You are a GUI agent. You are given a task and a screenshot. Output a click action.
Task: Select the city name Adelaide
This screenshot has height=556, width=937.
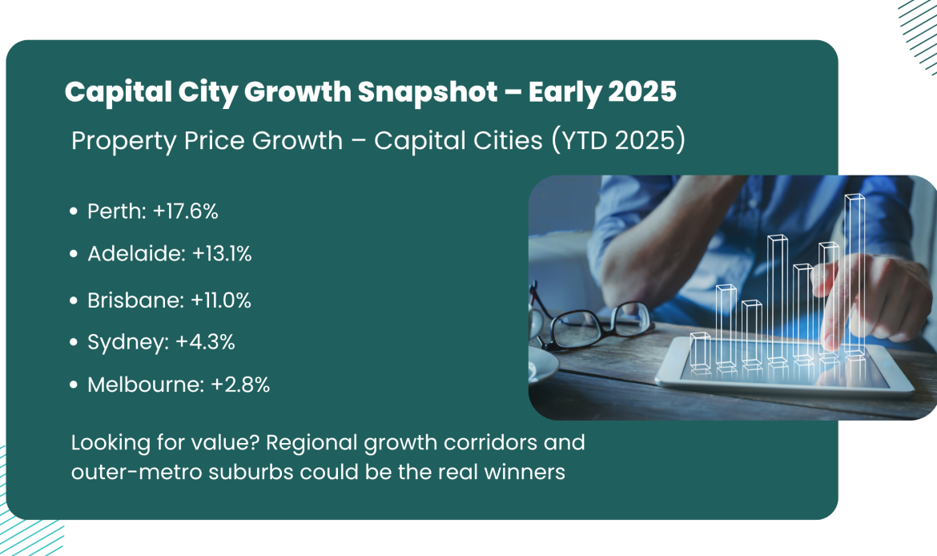coord(136,255)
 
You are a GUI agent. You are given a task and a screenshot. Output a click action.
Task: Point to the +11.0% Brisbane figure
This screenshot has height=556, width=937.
coord(221,300)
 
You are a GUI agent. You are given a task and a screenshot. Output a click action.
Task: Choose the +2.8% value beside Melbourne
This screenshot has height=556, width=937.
coord(240,385)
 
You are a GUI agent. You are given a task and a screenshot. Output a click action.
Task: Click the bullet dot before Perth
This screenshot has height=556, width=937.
coord(74,213)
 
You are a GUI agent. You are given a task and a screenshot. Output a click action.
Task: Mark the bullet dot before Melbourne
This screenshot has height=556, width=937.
coord(74,385)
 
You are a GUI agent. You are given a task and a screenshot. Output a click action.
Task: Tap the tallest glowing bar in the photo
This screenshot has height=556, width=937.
coord(855,272)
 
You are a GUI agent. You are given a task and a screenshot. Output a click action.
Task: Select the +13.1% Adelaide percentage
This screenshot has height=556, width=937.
coord(222,255)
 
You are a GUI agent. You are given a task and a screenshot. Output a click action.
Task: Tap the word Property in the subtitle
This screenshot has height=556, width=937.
coord(120,141)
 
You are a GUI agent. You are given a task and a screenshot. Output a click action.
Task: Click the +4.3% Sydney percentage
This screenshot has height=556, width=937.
coord(205,342)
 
